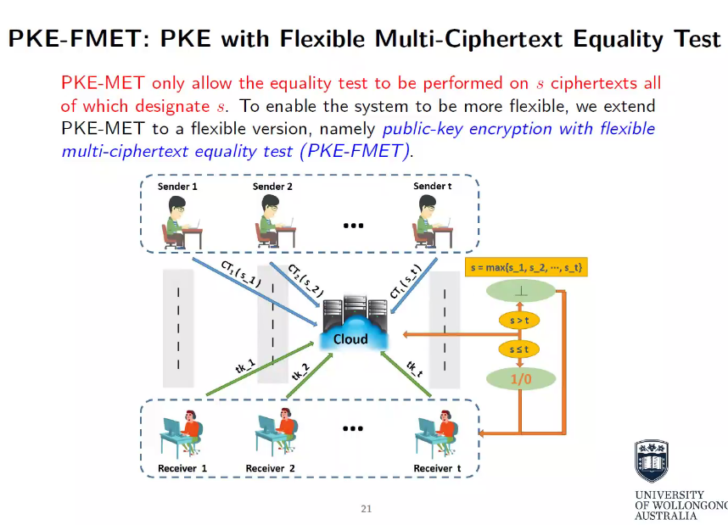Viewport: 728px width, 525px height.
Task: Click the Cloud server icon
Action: click(x=350, y=323)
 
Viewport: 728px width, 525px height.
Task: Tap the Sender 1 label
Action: click(x=178, y=186)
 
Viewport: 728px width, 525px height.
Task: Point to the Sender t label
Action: click(x=432, y=186)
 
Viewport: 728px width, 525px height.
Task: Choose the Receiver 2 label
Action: click(x=270, y=468)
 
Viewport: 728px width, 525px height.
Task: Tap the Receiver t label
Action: click(x=437, y=468)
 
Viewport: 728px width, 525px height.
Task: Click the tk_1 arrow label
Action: click(x=245, y=366)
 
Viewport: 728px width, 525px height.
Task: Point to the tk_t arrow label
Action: click(x=414, y=368)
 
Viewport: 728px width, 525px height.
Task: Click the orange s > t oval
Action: click(x=518, y=320)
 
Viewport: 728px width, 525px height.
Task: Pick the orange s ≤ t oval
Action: click(x=518, y=349)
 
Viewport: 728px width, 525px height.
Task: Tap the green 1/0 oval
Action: click(x=520, y=379)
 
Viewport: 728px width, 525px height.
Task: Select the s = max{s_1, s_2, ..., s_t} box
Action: click(x=526, y=268)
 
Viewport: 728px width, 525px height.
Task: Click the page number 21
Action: click(x=367, y=509)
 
